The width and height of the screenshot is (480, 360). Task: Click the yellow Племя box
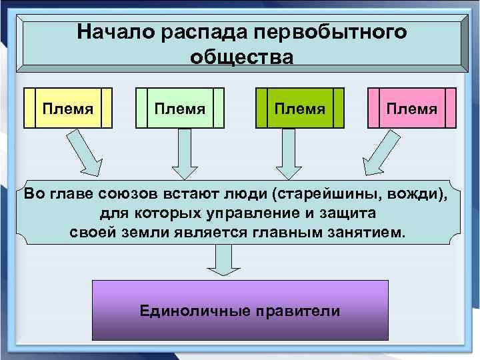68,107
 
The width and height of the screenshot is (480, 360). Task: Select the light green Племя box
179,107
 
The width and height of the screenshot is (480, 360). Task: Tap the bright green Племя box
301,107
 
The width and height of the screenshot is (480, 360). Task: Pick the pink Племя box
412,107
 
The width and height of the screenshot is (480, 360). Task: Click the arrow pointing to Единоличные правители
227,260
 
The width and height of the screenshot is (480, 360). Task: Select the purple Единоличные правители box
240,311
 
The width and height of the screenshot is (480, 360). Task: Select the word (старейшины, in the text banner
329,195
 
